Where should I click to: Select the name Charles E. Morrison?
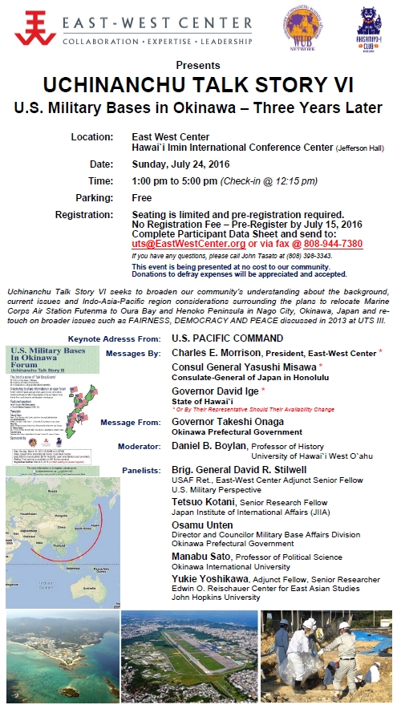(x=199, y=353)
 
